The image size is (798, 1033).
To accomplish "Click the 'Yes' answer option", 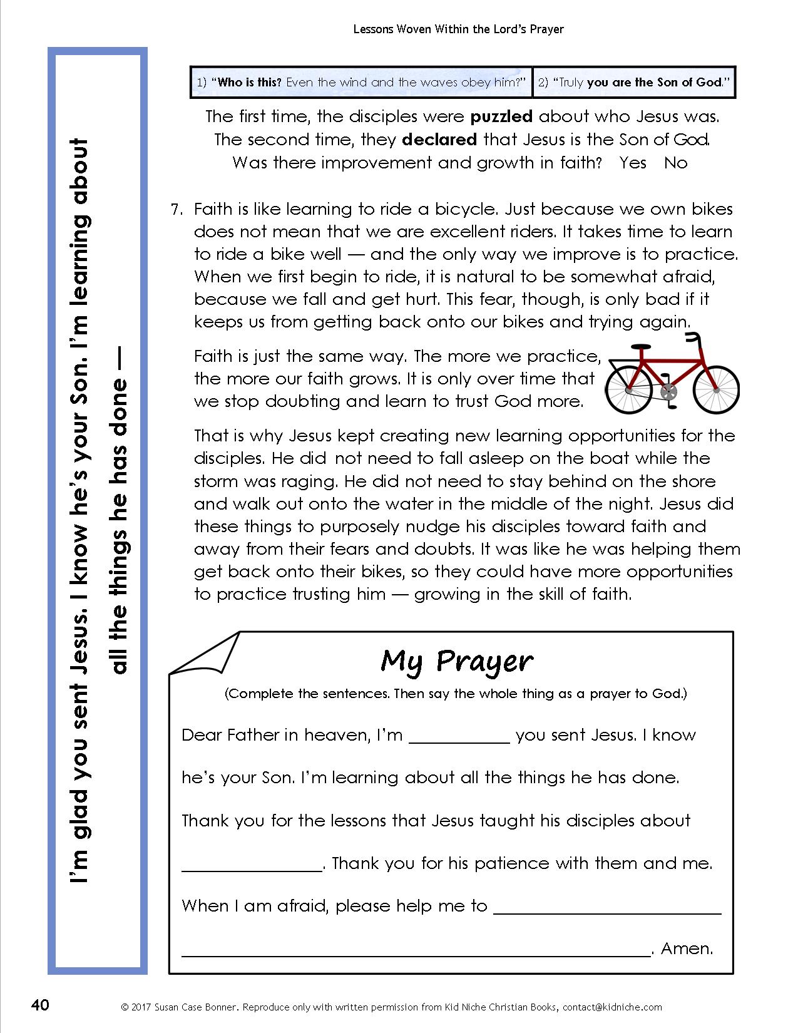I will tap(633, 163).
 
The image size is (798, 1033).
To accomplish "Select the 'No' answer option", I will tap(675, 163).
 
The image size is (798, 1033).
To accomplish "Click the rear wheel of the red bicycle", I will tap(629, 388).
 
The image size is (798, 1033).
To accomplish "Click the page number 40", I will tap(39, 1005).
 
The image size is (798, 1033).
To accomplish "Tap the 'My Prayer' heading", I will tap(457, 661).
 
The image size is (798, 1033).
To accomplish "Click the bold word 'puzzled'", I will tap(501, 116).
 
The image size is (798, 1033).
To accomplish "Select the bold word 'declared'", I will tap(439, 140).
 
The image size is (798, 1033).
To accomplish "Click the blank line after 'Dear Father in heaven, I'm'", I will tap(459, 741).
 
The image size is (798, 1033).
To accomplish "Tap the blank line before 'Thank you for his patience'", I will tap(251, 870).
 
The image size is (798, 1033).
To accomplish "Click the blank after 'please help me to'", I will tap(607, 912).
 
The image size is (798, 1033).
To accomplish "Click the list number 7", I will tap(176, 209).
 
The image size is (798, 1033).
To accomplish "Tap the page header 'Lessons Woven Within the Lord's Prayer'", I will tap(459, 29).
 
